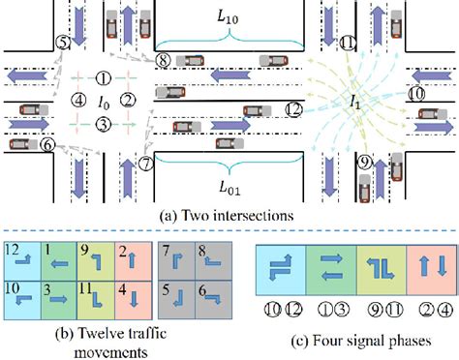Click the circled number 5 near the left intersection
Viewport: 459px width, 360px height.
click(63, 43)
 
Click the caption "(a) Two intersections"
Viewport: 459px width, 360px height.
click(229, 205)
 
